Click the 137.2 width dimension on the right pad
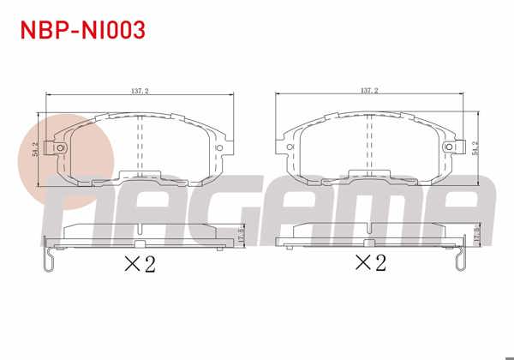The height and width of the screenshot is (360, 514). pos(369,89)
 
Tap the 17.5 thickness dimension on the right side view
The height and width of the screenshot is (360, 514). pos(474,235)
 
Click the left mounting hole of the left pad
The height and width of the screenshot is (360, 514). pos(60,149)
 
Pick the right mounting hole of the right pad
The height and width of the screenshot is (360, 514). pos(449,149)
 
